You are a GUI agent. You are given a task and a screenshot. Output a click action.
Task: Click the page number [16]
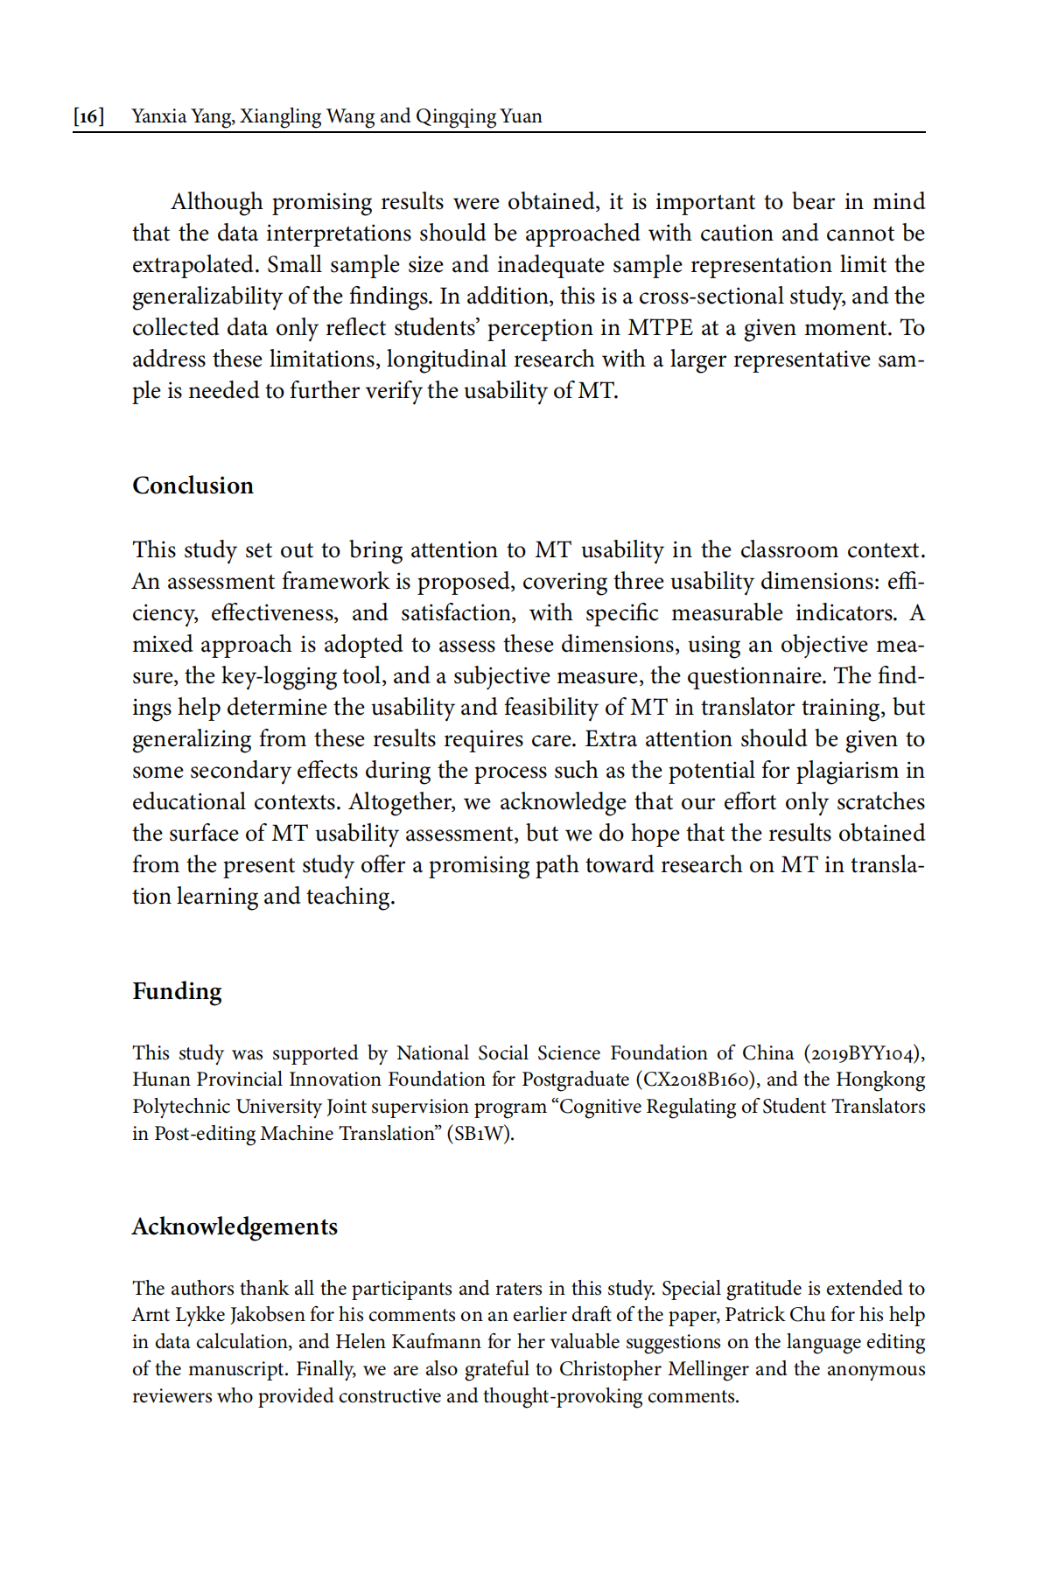coord(88,116)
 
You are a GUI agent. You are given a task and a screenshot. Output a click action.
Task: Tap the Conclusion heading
coord(193,486)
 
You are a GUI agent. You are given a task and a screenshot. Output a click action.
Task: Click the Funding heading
coord(177,991)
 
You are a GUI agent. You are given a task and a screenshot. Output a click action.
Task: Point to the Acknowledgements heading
coord(235,1227)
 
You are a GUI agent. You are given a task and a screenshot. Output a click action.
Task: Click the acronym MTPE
coord(660,328)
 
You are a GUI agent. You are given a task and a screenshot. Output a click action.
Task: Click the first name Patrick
coord(757,1315)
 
